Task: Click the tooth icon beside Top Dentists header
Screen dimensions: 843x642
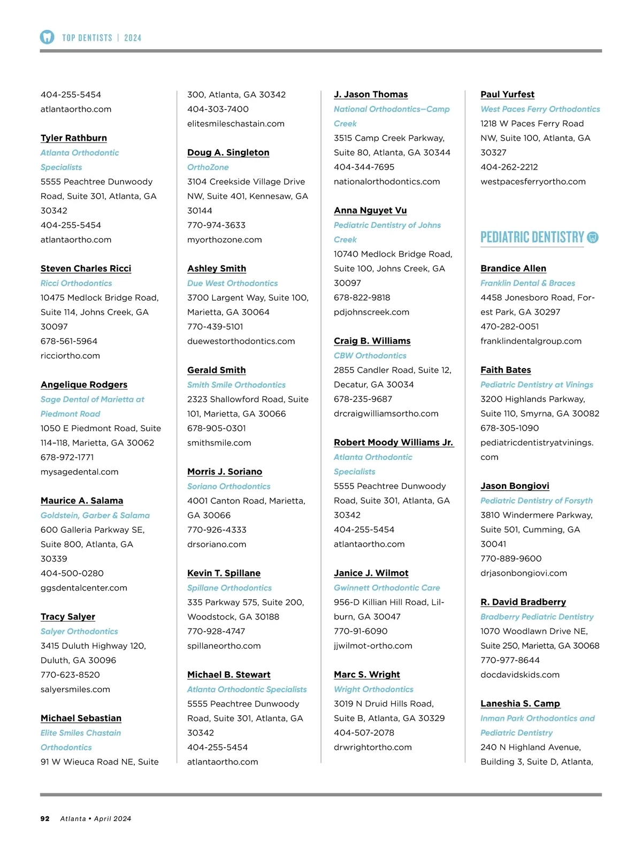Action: [47, 37]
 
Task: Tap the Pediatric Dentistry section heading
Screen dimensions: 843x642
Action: [532, 237]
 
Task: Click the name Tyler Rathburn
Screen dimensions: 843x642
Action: [74, 138]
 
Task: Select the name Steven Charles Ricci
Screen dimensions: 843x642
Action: [86, 269]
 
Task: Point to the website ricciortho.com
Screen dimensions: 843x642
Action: [70, 356]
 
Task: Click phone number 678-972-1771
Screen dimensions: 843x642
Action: [67, 457]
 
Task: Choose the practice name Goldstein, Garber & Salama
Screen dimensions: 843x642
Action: [95, 515]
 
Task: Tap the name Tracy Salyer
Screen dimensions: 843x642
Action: [68, 617]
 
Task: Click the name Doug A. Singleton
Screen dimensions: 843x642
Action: [228, 152]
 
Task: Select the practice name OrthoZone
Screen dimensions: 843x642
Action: [208, 167]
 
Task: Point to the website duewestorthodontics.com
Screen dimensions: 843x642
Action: [241, 341]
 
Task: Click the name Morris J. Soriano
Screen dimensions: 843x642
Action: [225, 472]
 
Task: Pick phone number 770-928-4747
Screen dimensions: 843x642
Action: [216, 631]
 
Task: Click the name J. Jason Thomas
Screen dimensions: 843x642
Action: [371, 95]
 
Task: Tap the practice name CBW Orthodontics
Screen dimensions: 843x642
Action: [370, 356]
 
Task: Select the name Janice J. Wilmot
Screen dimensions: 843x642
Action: [371, 573]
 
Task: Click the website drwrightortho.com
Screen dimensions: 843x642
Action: [372, 747]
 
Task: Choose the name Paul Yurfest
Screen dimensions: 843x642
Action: [507, 95]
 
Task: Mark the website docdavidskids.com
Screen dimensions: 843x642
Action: [519, 675]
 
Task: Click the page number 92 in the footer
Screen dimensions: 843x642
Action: [45, 818]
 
